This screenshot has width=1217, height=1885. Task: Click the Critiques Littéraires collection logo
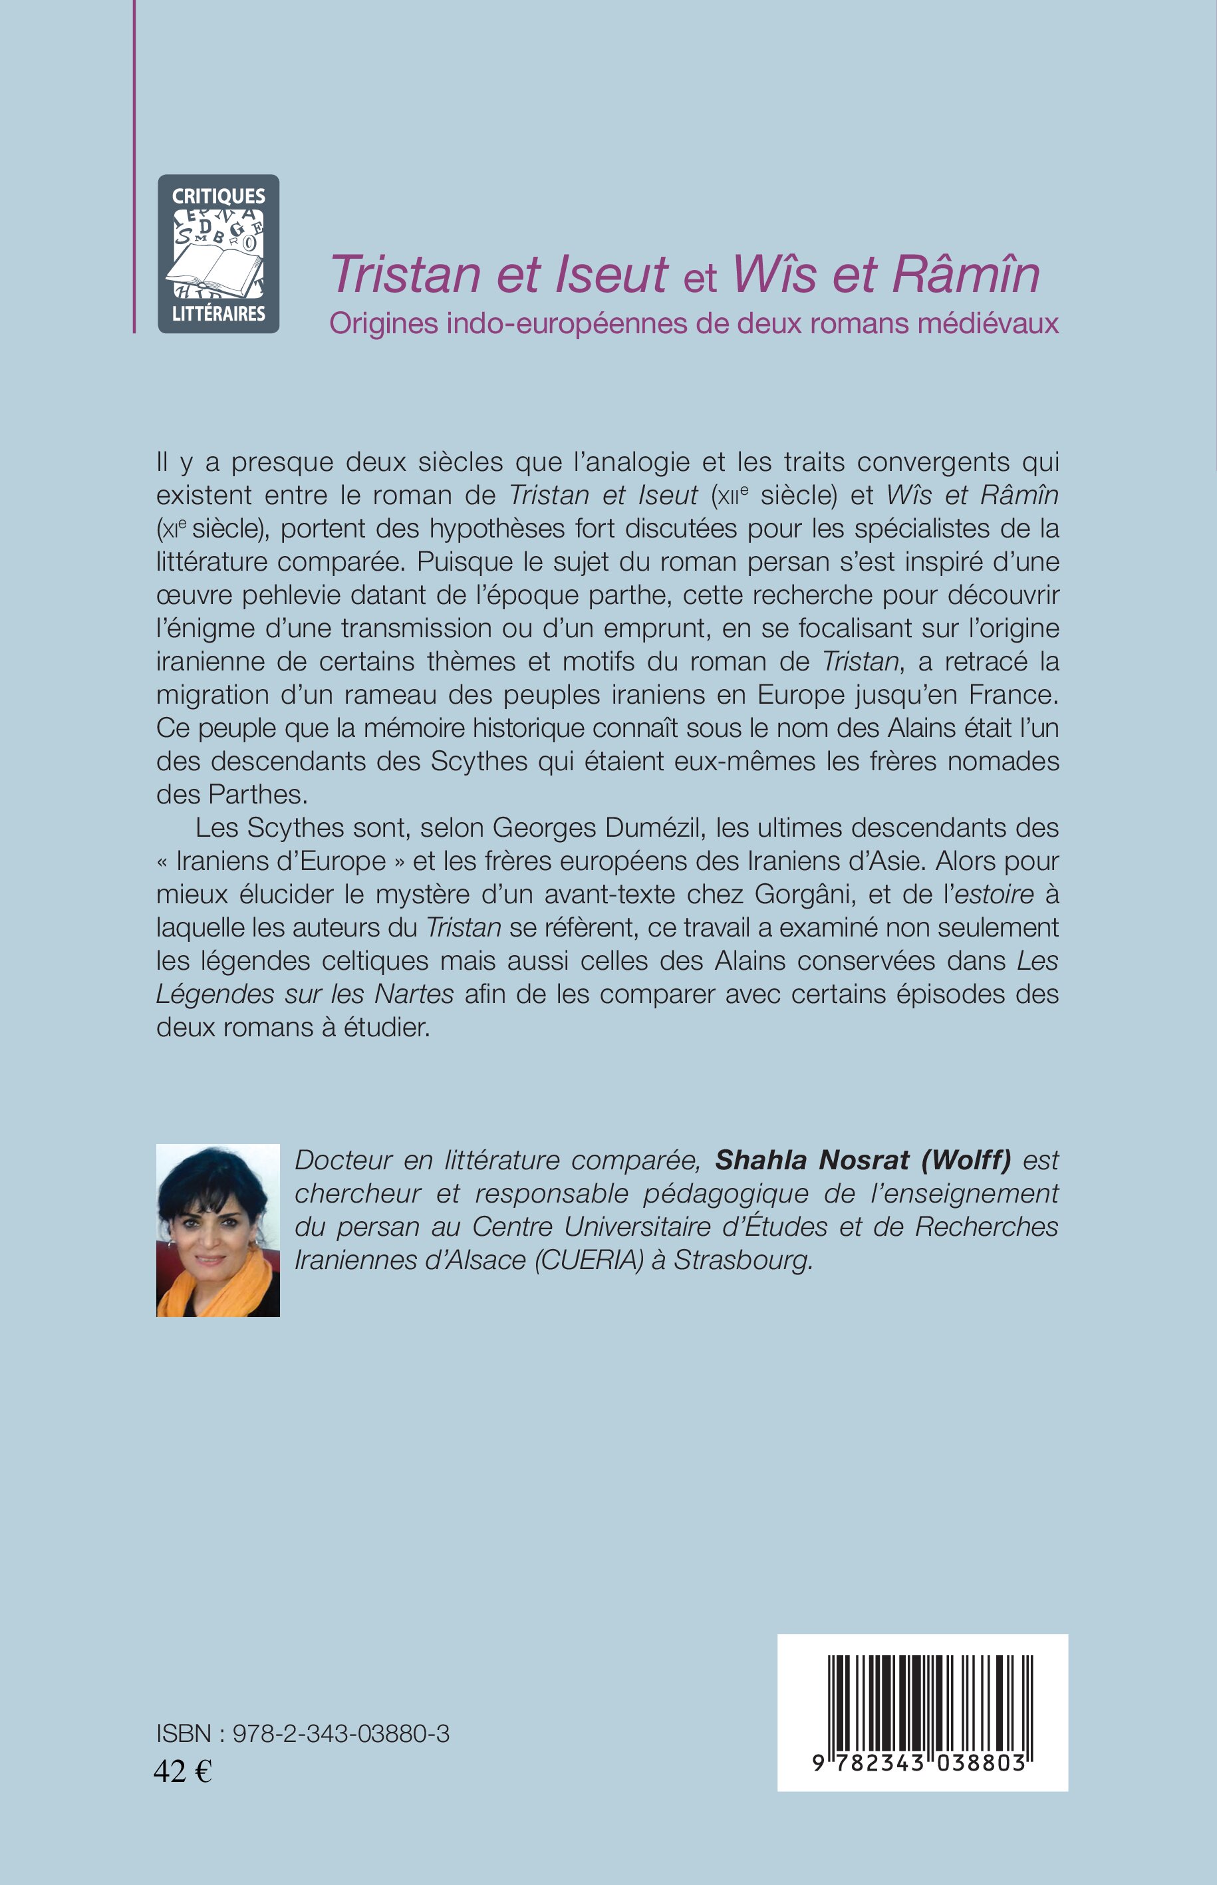click(x=218, y=253)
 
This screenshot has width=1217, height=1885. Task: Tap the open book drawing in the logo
click(x=215, y=265)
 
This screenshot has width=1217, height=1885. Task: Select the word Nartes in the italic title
click(x=414, y=994)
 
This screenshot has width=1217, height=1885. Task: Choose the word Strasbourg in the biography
click(x=742, y=1259)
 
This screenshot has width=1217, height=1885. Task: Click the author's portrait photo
click(x=218, y=1230)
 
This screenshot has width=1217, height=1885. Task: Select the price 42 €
click(x=182, y=1771)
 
